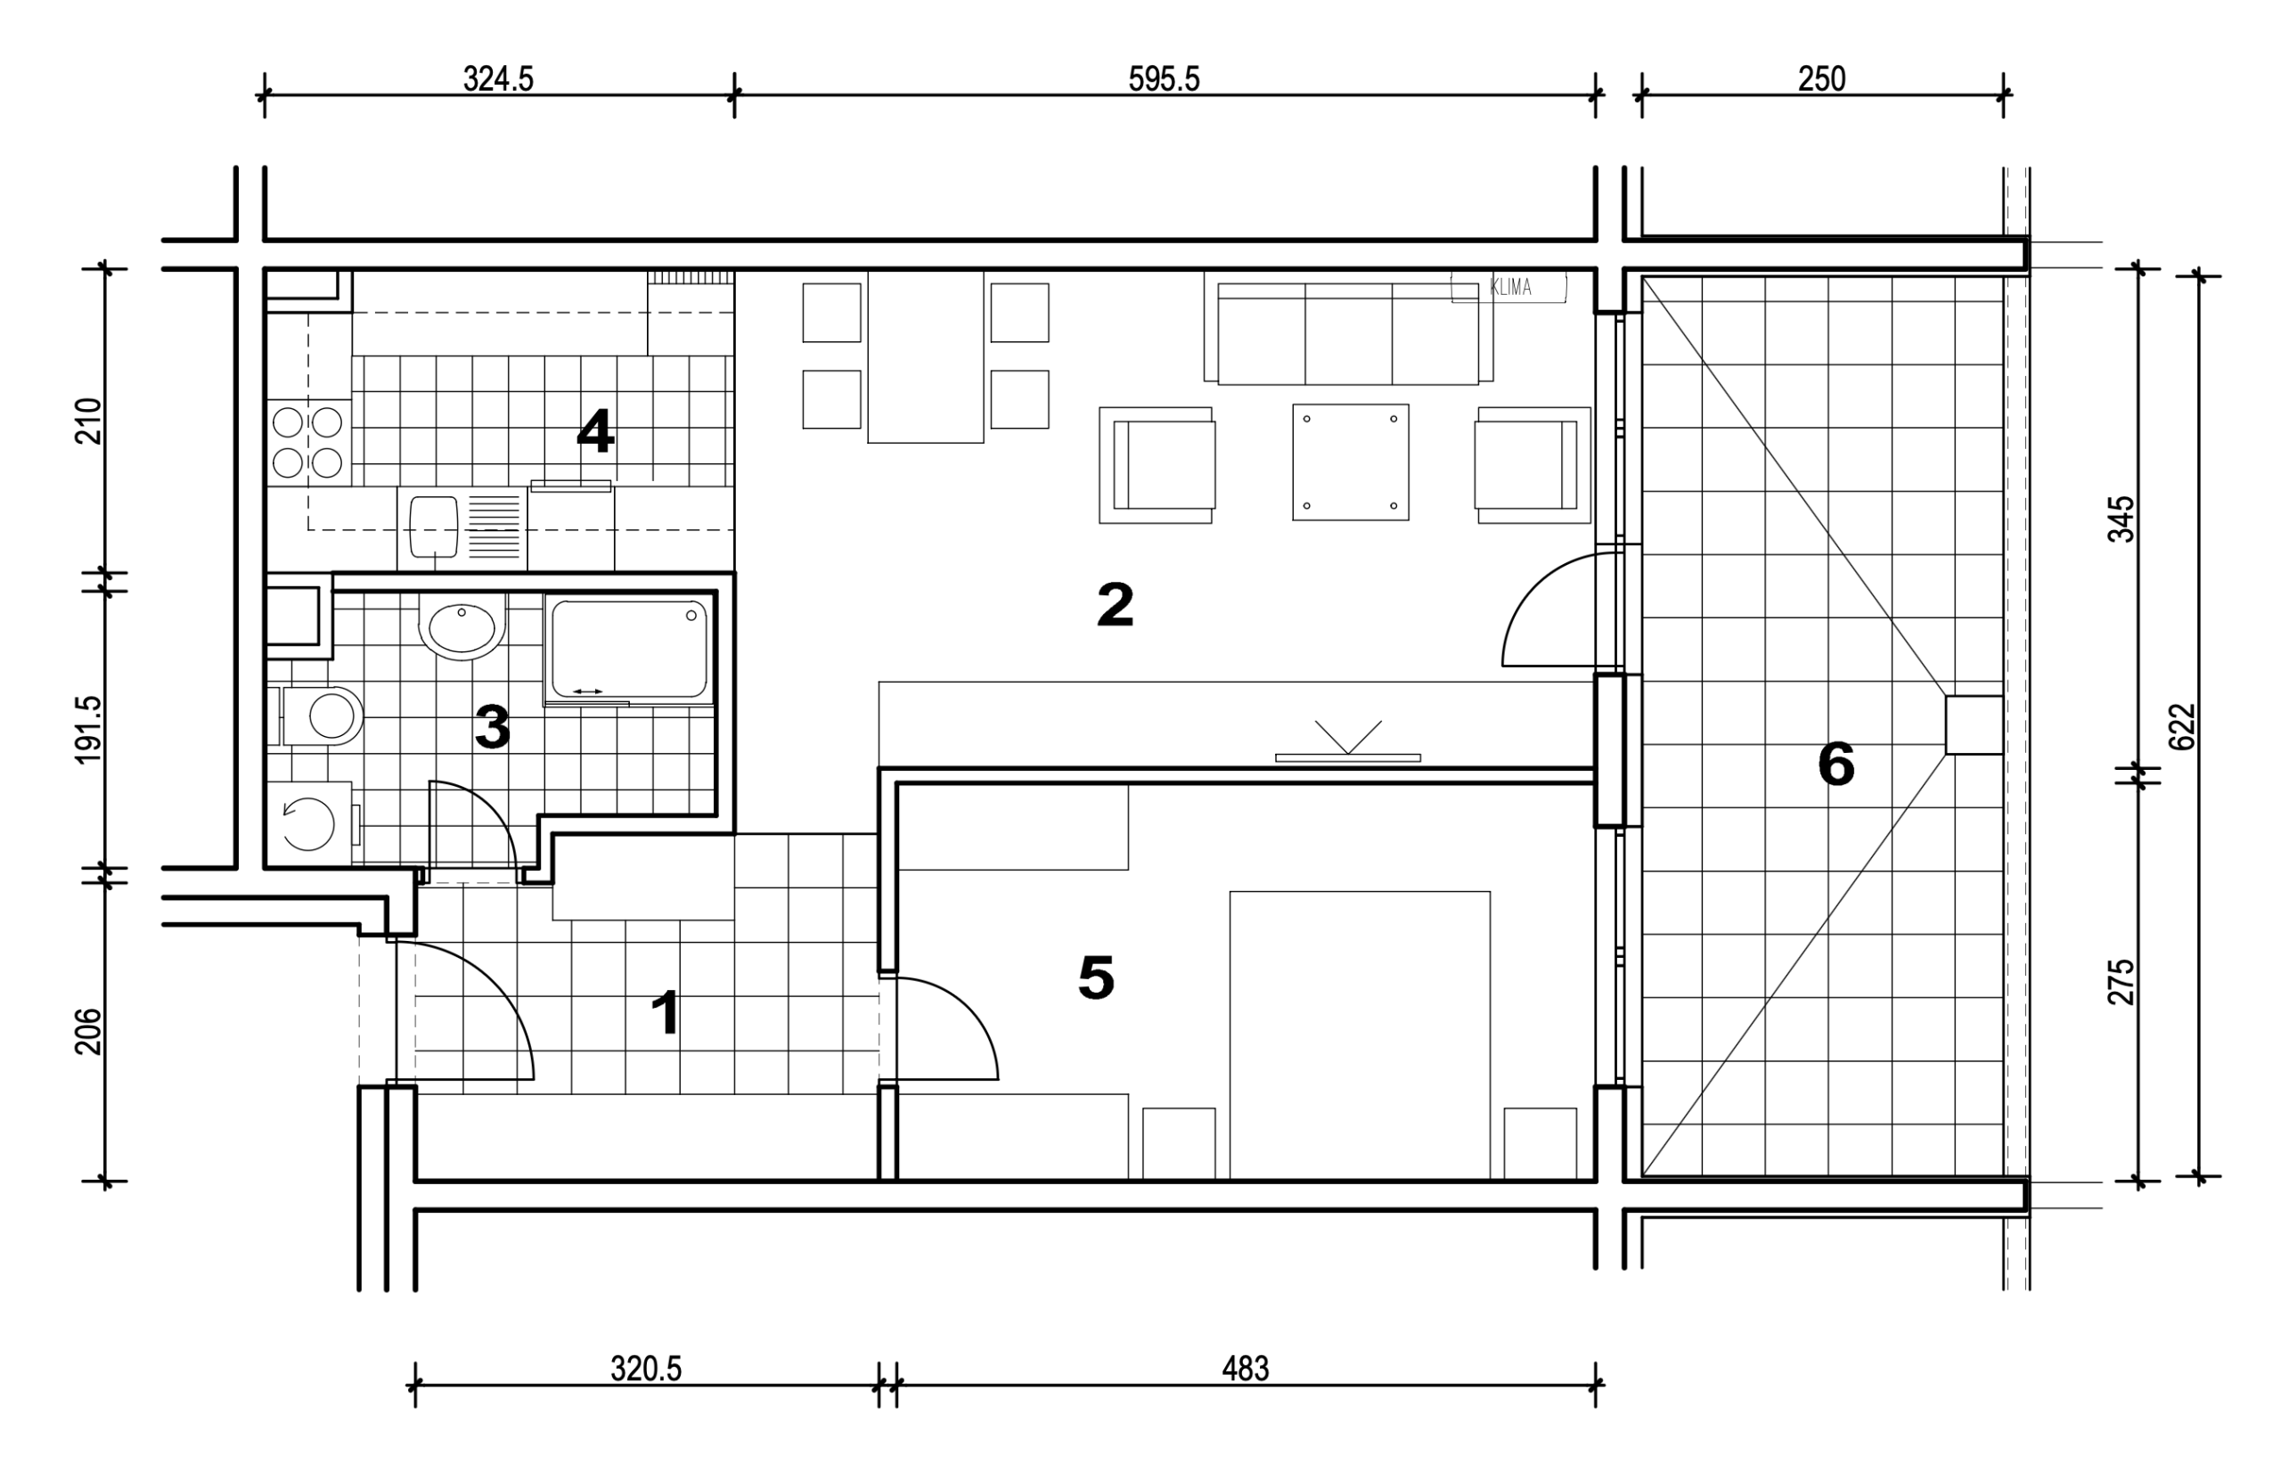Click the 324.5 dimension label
tap(498, 78)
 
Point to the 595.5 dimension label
tap(1163, 78)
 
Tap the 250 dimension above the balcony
tap(1821, 78)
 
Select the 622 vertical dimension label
tap(2183, 727)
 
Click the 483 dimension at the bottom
tap(1245, 1369)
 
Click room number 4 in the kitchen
tap(594, 431)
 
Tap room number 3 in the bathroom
tap(492, 726)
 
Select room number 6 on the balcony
tap(1835, 765)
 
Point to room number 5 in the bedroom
tap(1096, 977)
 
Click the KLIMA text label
tap(1511, 287)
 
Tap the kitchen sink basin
tap(434, 526)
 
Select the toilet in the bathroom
tap(323, 715)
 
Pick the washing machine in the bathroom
tap(308, 823)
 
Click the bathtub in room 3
tap(629, 649)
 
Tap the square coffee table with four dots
tap(1350, 462)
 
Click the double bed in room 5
tap(1360, 1035)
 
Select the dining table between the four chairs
tap(925, 356)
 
